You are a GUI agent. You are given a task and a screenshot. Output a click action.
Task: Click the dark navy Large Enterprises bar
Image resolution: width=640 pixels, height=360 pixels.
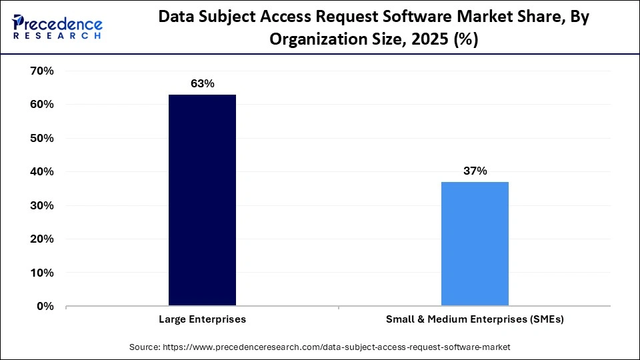[x=202, y=200]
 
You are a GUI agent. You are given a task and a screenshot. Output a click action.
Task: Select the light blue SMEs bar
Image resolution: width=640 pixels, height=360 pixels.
[x=475, y=243]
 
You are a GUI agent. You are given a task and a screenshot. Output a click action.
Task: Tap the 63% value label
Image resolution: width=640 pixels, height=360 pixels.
[x=202, y=84]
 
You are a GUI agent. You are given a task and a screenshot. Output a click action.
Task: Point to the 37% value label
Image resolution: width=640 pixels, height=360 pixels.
[x=475, y=171]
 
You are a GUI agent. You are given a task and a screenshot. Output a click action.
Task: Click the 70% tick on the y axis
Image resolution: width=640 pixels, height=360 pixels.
[x=41, y=71]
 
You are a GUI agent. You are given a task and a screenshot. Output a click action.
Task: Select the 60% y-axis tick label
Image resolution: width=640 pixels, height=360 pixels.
[x=41, y=105]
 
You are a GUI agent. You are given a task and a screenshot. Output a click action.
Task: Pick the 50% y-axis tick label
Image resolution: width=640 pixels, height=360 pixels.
[x=41, y=138]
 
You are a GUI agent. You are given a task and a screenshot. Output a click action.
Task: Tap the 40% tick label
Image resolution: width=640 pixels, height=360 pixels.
[x=41, y=172]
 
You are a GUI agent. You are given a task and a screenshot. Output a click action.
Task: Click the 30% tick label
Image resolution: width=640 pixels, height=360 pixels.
[x=41, y=205]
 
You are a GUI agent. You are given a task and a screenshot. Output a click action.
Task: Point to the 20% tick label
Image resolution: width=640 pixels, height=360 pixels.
[x=41, y=239]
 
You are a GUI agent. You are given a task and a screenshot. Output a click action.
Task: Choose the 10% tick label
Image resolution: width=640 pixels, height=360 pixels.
[x=41, y=273]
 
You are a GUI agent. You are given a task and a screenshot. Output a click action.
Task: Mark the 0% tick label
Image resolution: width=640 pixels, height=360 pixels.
[x=44, y=306]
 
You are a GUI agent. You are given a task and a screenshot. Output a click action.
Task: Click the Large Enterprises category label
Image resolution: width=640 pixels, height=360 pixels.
[x=202, y=319]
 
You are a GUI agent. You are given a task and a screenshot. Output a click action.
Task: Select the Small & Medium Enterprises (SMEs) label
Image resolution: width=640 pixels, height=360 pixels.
[x=475, y=319]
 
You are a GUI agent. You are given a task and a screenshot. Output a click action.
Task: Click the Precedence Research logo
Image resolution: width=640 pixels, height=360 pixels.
[x=57, y=27]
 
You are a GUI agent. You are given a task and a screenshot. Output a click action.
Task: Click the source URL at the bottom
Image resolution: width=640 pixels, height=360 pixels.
[x=339, y=347]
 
